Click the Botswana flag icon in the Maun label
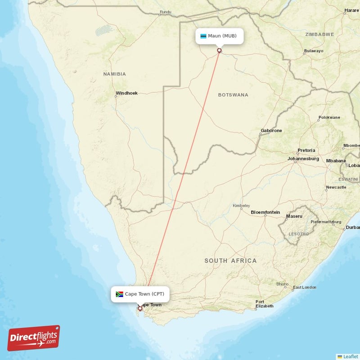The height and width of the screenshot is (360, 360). (x=203, y=36)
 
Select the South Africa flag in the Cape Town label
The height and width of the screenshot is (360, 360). (x=119, y=294)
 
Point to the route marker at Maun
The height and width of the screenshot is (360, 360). (x=219, y=50)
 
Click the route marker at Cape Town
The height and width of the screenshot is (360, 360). (x=140, y=308)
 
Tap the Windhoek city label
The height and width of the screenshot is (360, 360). (x=126, y=93)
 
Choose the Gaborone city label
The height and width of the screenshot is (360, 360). (x=271, y=130)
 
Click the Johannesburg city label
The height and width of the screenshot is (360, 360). (x=303, y=159)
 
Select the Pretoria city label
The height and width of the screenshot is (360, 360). (x=306, y=150)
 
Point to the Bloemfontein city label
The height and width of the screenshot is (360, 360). (x=265, y=212)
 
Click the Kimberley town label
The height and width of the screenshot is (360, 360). (x=241, y=206)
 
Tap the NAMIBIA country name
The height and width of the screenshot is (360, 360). (x=114, y=74)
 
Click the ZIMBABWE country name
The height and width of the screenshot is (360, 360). (x=319, y=34)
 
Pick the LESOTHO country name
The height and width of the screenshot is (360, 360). (x=298, y=234)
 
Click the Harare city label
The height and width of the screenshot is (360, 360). (x=351, y=10)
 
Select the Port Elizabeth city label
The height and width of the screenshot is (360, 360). (x=264, y=304)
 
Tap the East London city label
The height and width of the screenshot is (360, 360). (x=304, y=287)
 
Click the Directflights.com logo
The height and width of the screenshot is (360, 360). (x=34, y=338)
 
